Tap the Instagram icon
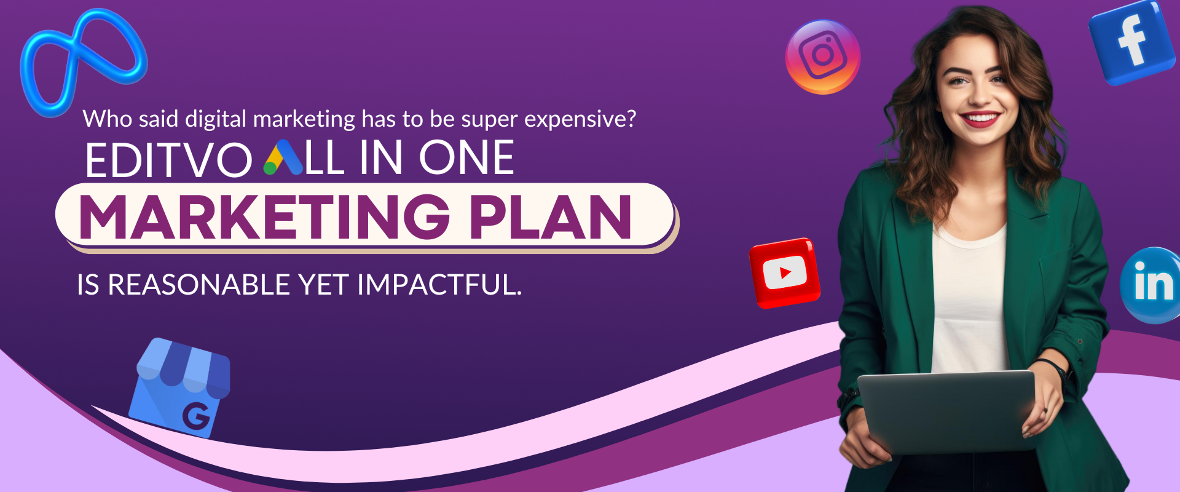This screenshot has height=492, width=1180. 823,57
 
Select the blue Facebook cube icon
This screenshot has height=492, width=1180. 1132,42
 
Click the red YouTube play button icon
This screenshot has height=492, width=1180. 785,272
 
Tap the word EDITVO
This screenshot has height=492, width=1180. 168,159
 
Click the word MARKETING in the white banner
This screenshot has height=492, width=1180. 264,216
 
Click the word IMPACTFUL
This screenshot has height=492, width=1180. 439,285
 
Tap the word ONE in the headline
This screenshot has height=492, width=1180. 466,158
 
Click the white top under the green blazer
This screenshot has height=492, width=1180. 970,301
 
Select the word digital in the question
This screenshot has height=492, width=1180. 215,119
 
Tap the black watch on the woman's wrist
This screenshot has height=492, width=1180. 1055,368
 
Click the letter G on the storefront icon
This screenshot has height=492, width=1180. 196,416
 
